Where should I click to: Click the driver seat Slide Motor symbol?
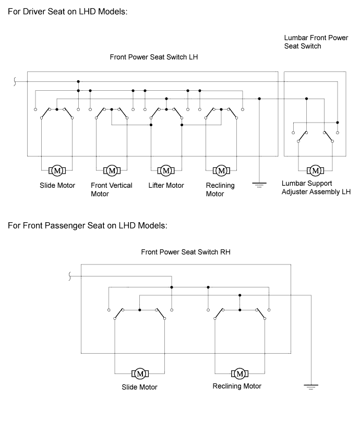[x=57, y=171]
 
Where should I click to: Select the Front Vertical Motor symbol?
[x=112, y=171]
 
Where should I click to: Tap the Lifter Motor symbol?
[x=166, y=171]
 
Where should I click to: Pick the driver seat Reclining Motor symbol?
[x=221, y=171]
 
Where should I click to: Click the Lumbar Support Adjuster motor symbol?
[x=315, y=171]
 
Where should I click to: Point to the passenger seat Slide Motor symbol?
[x=140, y=373]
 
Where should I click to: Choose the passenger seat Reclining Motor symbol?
[x=239, y=373]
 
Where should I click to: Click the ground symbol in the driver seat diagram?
[x=259, y=184]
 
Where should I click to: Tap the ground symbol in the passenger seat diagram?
[x=311, y=387]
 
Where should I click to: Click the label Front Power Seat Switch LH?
[x=154, y=57]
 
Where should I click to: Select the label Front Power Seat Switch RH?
[x=186, y=251]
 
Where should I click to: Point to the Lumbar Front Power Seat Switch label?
[x=308, y=42]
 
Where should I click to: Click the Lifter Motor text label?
[x=166, y=185]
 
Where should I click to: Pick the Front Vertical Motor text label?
[x=111, y=189]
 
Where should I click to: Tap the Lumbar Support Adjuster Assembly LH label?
[x=316, y=187]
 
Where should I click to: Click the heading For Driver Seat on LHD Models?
[x=67, y=11]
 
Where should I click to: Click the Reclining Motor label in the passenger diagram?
[x=237, y=386]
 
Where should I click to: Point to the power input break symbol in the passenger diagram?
[x=70, y=276]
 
